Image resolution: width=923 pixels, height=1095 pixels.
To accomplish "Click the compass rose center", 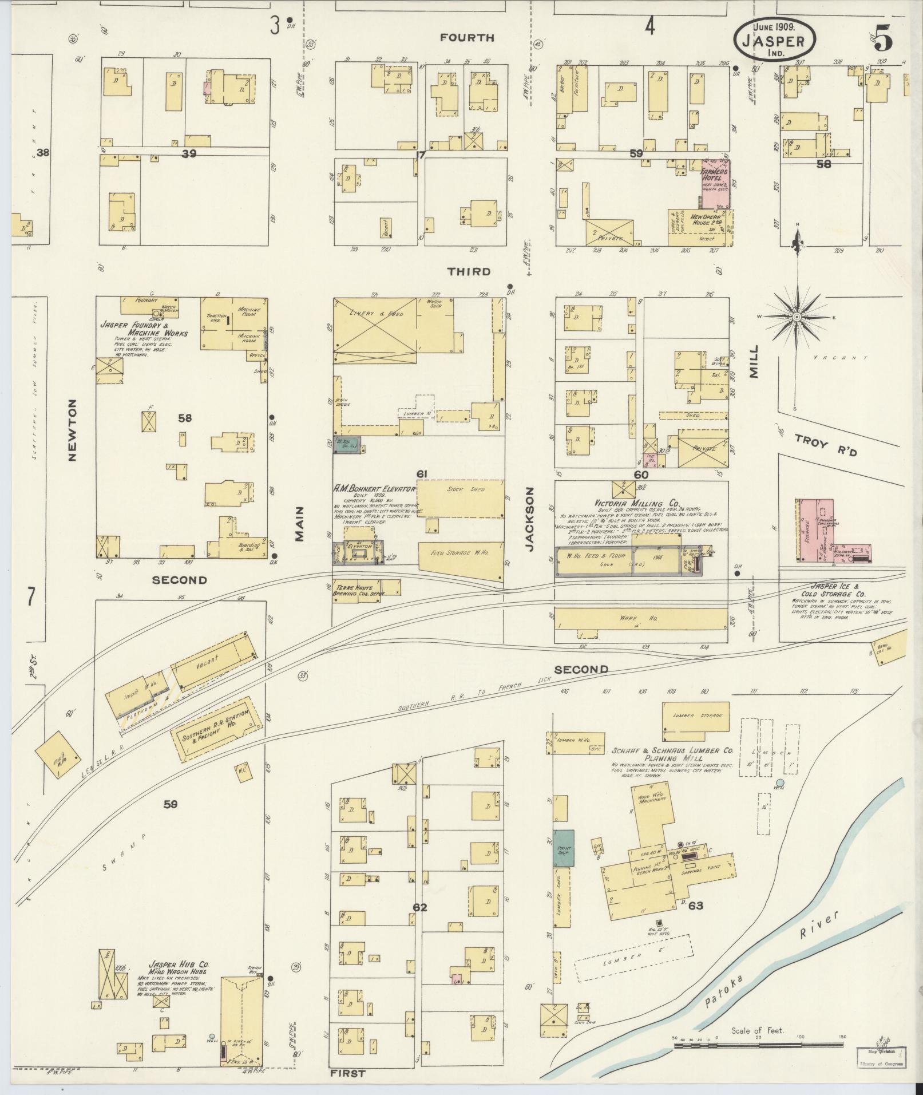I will [796, 317].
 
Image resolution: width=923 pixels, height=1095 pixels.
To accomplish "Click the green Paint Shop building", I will [563, 847].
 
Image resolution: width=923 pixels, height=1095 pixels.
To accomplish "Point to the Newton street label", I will [72, 430].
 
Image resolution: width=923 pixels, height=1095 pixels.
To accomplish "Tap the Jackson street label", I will [530, 519].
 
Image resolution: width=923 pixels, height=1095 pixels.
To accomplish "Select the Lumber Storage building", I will [695, 716].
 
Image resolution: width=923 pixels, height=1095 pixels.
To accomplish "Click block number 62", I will [419, 908].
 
